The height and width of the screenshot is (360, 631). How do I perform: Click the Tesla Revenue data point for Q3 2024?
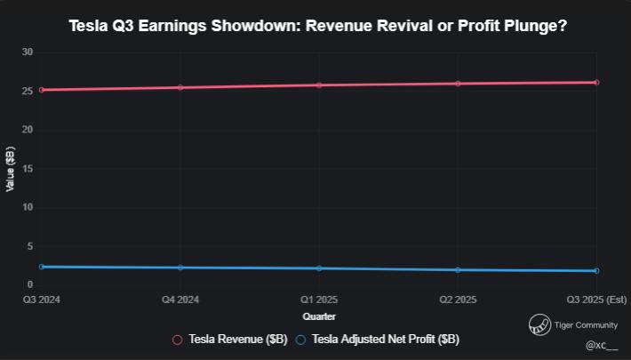(42, 90)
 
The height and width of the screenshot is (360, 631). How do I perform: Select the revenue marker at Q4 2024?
(180, 87)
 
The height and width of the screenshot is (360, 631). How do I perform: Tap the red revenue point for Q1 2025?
(319, 85)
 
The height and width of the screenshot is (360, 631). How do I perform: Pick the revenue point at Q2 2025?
(458, 84)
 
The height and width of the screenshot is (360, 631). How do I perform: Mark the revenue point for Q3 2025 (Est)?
(596, 83)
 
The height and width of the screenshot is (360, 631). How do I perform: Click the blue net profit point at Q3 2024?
(42, 267)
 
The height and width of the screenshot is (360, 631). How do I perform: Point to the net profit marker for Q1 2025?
(319, 268)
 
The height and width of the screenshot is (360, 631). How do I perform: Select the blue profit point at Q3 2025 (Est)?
(596, 270)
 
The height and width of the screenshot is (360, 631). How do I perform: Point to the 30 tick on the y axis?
(28, 52)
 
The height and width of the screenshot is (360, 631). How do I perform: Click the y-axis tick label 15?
(28, 169)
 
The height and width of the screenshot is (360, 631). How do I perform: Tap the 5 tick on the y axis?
(30, 246)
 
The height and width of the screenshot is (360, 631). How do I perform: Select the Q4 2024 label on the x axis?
(180, 300)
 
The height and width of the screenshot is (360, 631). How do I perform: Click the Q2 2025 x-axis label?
(458, 300)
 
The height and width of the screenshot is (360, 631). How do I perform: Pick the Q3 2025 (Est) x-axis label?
(596, 300)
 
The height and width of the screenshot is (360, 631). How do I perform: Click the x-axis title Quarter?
(319, 316)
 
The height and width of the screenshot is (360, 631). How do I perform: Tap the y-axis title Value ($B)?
(11, 169)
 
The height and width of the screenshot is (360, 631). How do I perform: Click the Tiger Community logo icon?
(539, 325)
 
